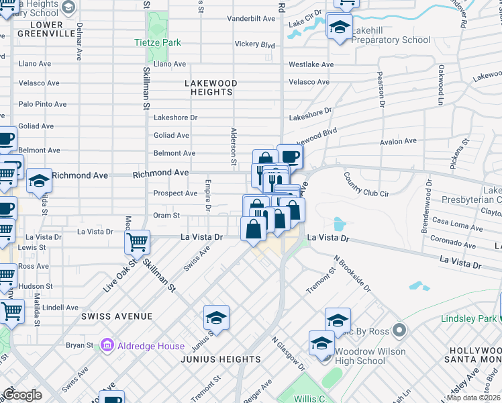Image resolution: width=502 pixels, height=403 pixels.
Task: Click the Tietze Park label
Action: pos(157,42)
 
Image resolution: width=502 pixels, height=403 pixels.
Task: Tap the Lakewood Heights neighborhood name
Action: pos(211,88)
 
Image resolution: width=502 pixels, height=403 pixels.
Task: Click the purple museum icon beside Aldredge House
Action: pos(106,345)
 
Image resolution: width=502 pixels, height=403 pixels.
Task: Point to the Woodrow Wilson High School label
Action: pos(370,356)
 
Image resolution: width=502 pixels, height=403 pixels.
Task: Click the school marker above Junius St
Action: pos(216,318)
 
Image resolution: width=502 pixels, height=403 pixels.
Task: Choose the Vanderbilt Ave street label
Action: pos(251,19)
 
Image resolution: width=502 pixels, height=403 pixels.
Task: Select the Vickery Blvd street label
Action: pos(255,45)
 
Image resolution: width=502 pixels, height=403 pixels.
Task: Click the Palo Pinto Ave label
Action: pos(42,104)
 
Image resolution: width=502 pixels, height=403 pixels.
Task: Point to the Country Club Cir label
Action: pos(366,185)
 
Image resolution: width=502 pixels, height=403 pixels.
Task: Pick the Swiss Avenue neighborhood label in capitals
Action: pos(117,316)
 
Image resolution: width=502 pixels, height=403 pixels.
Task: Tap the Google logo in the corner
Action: pos(23,395)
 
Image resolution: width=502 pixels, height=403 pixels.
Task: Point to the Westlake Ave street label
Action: pos(311,64)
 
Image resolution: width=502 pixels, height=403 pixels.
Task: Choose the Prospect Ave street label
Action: pos(175,193)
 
